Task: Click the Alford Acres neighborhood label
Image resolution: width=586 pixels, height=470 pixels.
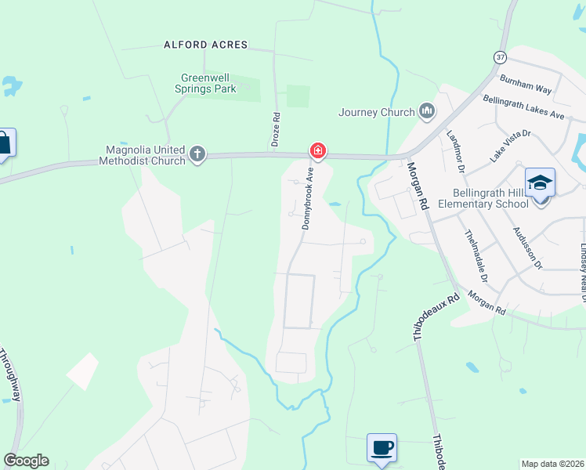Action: [205, 45]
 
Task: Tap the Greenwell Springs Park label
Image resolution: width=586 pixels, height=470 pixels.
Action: [208, 84]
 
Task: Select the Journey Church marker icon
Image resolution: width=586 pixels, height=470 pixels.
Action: [427, 112]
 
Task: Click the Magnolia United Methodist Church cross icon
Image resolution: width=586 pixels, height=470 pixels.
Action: [197, 154]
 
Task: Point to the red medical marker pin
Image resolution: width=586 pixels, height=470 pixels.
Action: [317, 150]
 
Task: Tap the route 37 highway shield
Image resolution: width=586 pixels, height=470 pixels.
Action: [500, 57]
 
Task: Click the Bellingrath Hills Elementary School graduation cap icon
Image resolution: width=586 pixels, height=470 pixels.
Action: [540, 183]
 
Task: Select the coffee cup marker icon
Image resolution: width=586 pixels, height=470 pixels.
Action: [382, 448]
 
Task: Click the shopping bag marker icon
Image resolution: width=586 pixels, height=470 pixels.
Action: [3, 143]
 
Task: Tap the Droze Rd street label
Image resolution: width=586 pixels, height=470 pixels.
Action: [276, 125]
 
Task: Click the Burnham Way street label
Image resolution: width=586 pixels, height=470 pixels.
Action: [527, 85]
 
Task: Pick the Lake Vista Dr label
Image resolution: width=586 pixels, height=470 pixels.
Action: [511, 146]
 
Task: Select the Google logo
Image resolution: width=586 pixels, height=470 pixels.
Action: [27, 461]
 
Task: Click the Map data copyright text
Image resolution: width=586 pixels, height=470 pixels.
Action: [552, 463]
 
